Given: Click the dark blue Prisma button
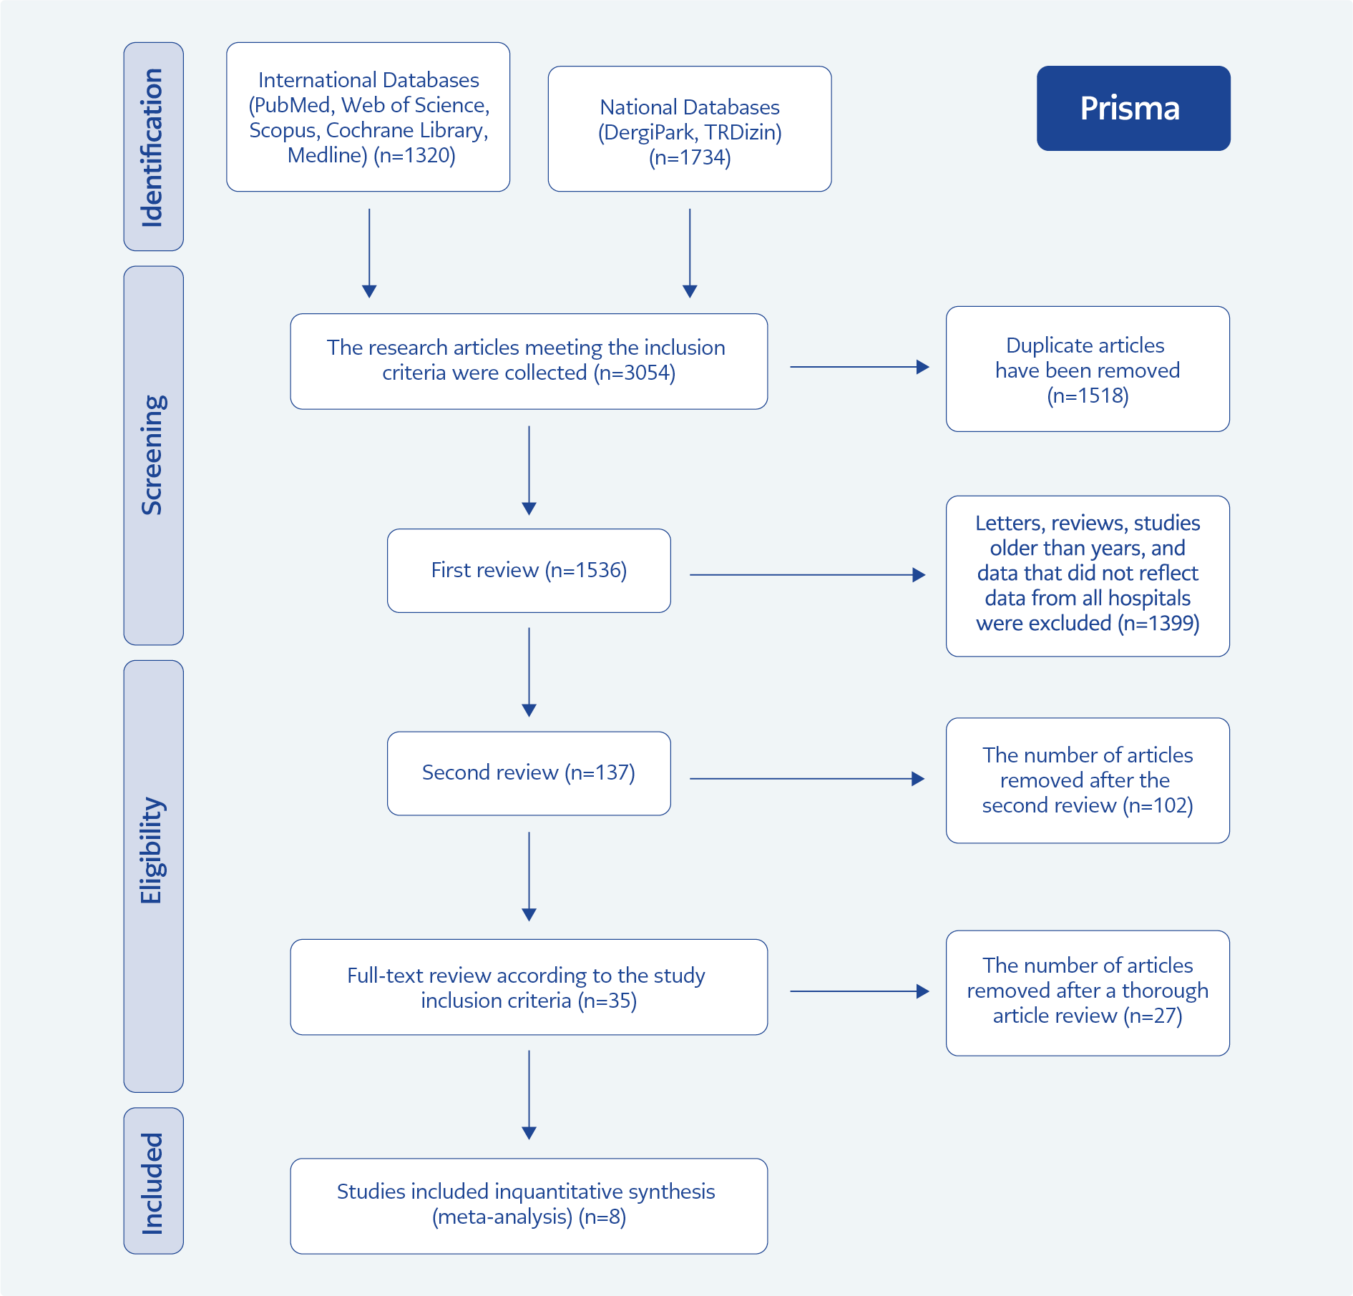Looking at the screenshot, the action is [1133, 108].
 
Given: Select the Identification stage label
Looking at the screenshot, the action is [153, 147].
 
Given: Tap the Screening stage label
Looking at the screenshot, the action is [153, 456].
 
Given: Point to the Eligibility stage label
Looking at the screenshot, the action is [153, 876].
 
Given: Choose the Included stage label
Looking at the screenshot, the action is [153, 1181].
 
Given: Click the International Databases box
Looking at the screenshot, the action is [368, 117].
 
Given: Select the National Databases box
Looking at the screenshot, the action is [690, 129].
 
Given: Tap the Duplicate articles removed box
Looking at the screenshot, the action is [1088, 369].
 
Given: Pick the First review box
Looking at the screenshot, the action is [529, 571].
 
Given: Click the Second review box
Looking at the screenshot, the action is [529, 773].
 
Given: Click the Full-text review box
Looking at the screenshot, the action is [529, 987].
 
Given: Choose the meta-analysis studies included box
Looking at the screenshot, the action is [529, 1206].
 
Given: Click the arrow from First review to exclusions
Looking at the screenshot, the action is [808, 574].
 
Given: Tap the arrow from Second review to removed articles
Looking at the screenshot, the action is [807, 778].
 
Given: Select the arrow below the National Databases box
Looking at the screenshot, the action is [690, 253].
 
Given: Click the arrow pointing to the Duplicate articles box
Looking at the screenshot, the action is [860, 367].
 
